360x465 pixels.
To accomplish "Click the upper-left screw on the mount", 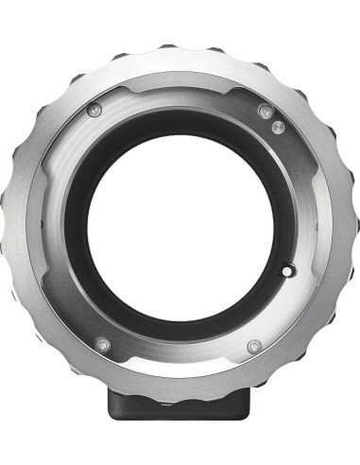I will pyautogui.click(x=93, y=112).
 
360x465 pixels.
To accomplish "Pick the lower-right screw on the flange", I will pyautogui.click(x=252, y=347).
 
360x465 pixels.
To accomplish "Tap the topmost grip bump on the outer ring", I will pyautogui.click(x=180, y=44).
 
